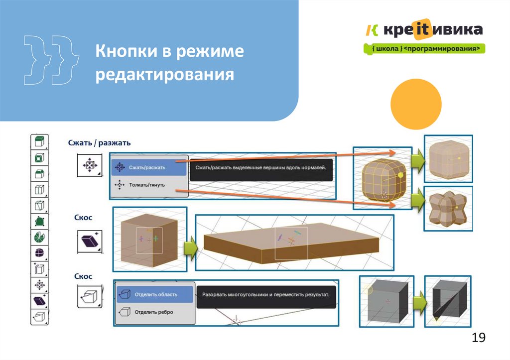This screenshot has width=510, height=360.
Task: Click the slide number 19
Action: pos(478,338)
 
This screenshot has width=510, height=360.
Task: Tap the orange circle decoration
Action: pos(416,104)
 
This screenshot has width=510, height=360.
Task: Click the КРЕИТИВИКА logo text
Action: pos(431,30)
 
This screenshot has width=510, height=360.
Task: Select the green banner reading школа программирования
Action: pos(423,49)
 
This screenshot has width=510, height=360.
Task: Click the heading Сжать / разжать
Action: pos(99,143)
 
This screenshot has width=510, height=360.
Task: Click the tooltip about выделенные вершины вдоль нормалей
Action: pos(260,168)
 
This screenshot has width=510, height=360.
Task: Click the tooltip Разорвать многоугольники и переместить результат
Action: pos(266,294)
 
